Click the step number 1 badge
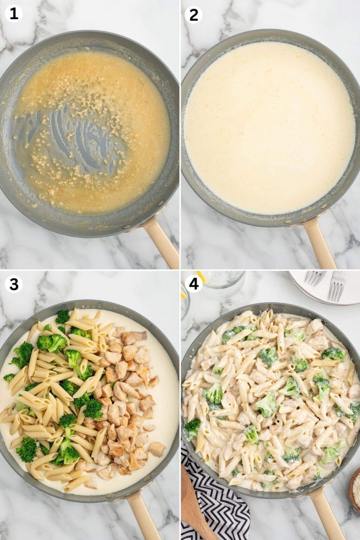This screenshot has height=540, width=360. (14, 14)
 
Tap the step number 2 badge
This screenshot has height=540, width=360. (193, 14)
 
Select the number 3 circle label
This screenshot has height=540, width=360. (14, 284)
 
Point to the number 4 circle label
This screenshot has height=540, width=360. (193, 284)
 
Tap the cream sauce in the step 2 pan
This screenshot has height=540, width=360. (269, 127)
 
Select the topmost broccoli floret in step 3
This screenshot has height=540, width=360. (63, 317)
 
